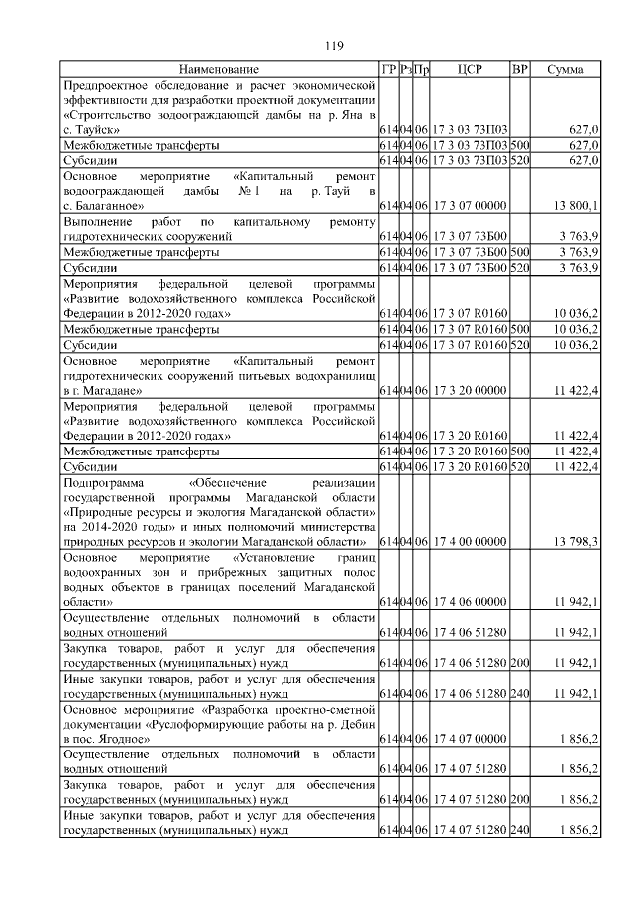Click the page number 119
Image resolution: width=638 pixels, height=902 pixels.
tap(335, 45)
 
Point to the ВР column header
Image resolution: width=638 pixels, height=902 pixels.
tap(519, 69)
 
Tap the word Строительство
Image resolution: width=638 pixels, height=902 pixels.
tap(113, 115)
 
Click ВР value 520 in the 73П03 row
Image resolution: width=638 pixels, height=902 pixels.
tap(519, 159)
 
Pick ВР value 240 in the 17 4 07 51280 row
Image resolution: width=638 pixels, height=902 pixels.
tap(519, 829)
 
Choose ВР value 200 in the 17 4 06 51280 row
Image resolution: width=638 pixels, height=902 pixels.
tap(519, 662)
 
